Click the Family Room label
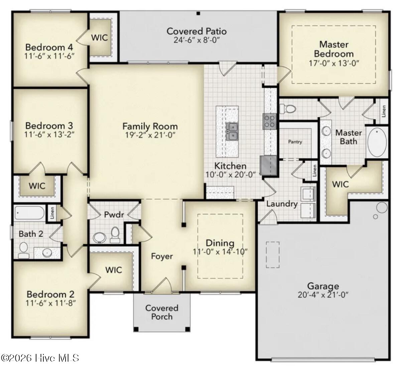click(150, 126)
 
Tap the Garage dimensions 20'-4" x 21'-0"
click(323, 295)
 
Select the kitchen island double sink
click(232, 131)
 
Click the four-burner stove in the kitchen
click(270, 121)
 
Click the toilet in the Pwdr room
click(115, 235)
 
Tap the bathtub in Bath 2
click(30, 213)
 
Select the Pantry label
click(295, 142)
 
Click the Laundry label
click(282, 204)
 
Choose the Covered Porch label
click(162, 312)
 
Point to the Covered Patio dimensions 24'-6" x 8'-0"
click(197, 40)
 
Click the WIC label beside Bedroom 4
click(100, 37)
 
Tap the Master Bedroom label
click(334, 49)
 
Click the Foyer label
click(162, 256)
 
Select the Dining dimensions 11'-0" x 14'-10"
click(220, 252)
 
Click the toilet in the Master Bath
click(287, 109)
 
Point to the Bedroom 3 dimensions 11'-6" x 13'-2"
click(49, 134)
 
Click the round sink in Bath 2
click(47, 253)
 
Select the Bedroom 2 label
click(50, 294)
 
